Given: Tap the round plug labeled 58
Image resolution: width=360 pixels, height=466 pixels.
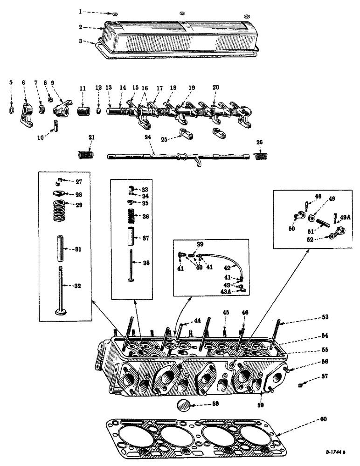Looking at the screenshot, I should coord(185,404).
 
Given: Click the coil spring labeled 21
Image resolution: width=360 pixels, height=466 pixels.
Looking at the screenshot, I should coord(85,154).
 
